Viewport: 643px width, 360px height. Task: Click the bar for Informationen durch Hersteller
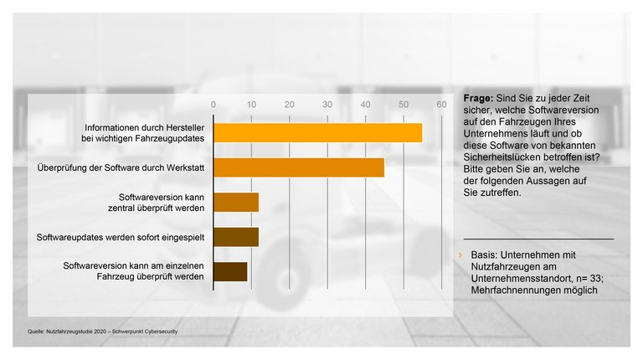click(317, 132)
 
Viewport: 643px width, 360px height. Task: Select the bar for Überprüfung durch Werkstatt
click(299, 167)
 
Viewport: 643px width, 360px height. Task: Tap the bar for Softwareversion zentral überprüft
click(236, 202)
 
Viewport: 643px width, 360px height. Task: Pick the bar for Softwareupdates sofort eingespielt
click(236, 237)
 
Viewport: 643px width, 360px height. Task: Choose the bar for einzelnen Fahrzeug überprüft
click(230, 271)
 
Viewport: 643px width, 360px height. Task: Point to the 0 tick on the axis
click(213, 105)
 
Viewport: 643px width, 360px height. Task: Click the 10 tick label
click(251, 105)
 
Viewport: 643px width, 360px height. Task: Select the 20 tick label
click(289, 105)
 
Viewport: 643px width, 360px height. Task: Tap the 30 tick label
click(327, 105)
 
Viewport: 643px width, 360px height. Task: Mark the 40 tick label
click(365, 105)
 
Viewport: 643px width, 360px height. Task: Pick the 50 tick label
click(403, 105)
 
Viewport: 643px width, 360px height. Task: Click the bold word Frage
click(478, 98)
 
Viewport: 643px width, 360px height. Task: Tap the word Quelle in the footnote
click(26, 332)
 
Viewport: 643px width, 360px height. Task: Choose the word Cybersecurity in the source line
click(159, 332)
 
